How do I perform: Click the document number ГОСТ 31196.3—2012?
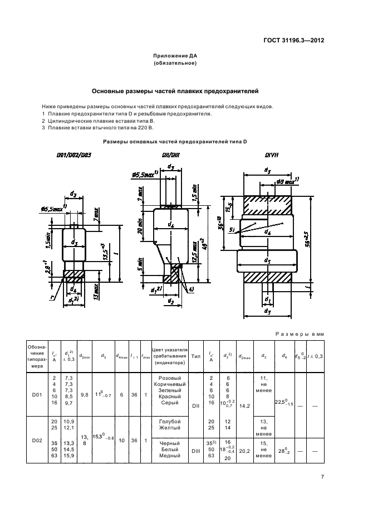coord(294,40)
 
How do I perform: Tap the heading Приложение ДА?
coord(175,56)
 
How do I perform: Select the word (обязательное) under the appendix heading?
coord(175,64)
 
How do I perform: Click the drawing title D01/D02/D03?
coord(75,155)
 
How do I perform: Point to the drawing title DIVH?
coord(271,155)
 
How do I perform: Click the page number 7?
coord(322,476)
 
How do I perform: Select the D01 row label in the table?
coord(37,395)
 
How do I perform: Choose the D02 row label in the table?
coord(37,440)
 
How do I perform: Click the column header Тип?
coord(195,355)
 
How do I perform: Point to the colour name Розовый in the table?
coord(170,378)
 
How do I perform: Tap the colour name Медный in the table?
coord(170,456)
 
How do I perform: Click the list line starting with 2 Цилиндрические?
coord(99,120)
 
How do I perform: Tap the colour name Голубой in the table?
coord(170,421)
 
